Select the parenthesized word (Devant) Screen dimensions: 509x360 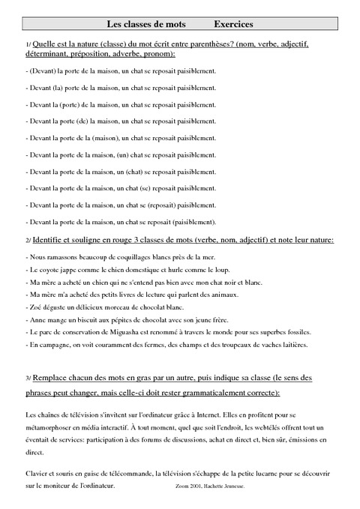(42, 71)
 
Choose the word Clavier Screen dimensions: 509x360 (37, 475)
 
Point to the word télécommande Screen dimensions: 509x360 (130, 475)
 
